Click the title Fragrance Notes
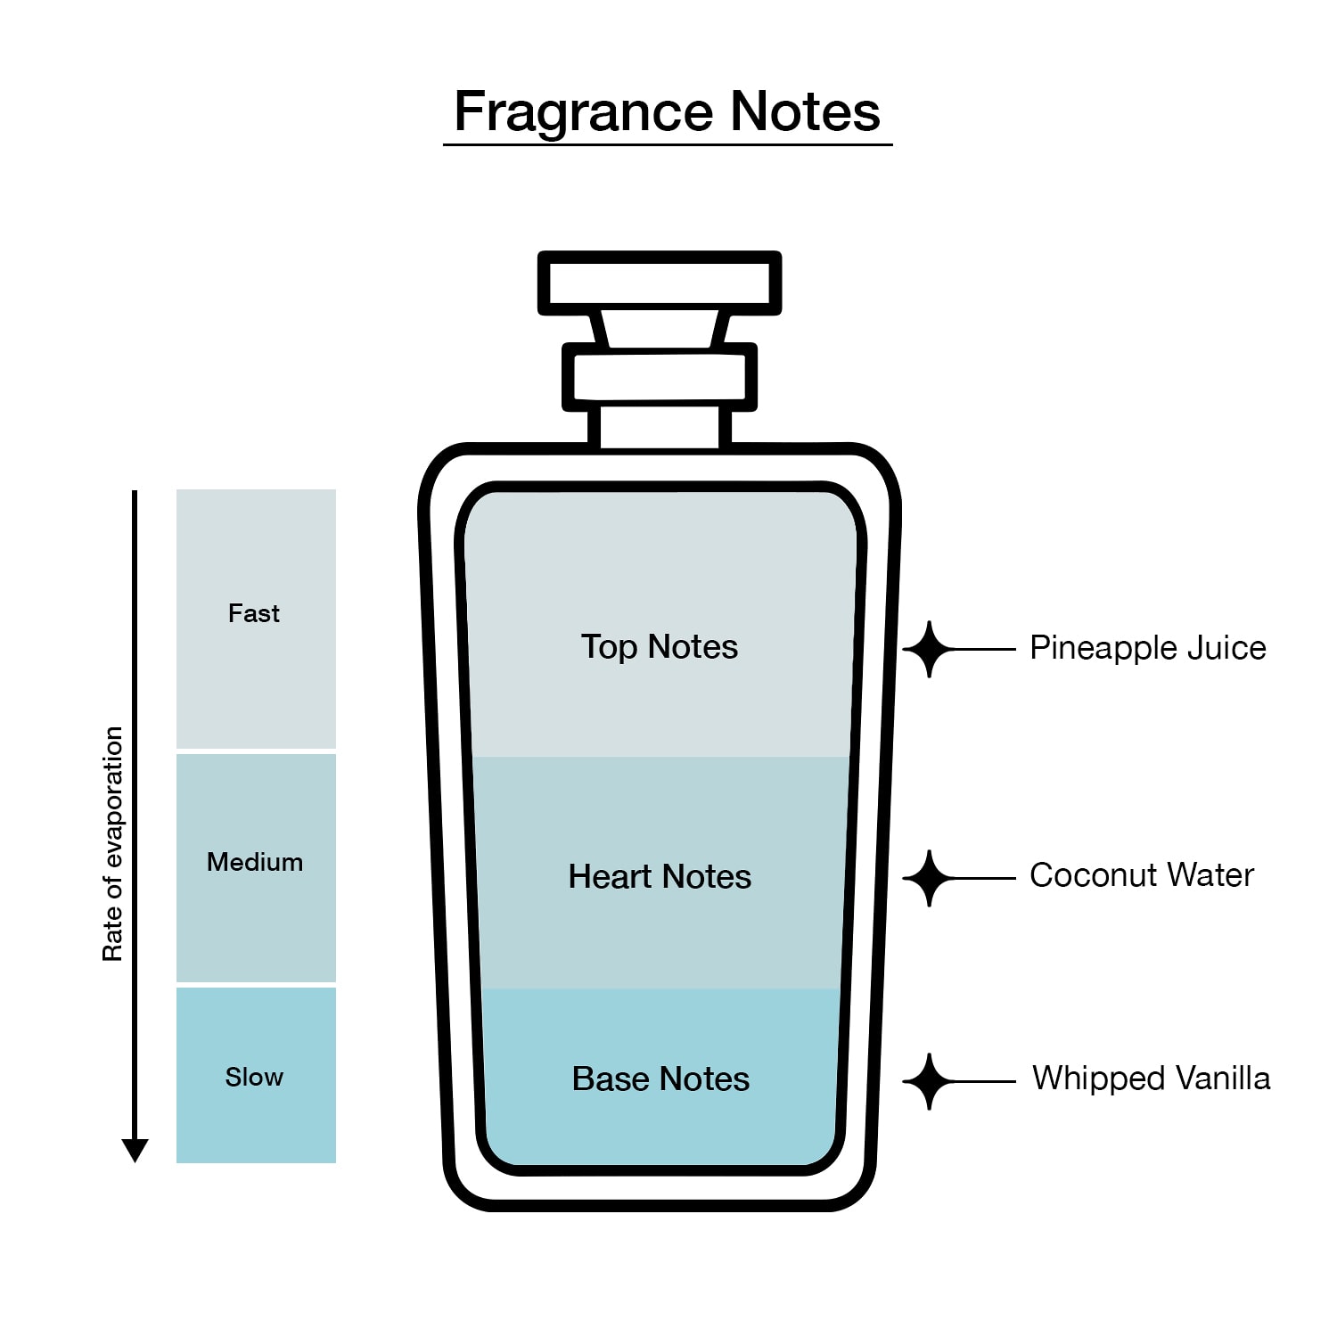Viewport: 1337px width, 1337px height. pyautogui.click(x=668, y=111)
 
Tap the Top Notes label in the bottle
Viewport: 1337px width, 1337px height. pyautogui.click(x=660, y=646)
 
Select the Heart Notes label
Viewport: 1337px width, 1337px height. pyautogui.click(x=660, y=876)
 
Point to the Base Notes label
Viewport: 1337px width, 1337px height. pyautogui.click(x=660, y=1079)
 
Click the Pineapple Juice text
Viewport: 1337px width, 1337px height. pyautogui.click(x=1148, y=648)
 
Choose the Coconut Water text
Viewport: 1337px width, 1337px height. pyautogui.click(x=1142, y=875)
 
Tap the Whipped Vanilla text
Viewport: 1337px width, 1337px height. pyautogui.click(x=1152, y=1079)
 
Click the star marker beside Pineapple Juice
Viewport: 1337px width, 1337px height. pyautogui.click(x=930, y=649)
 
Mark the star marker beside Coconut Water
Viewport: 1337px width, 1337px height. pyautogui.click(x=930, y=878)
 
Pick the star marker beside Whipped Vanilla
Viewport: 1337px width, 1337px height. pyautogui.click(x=930, y=1081)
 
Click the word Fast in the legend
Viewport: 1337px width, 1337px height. pyautogui.click(x=254, y=613)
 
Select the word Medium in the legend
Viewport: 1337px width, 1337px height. pyautogui.click(x=255, y=862)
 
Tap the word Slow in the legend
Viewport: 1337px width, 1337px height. pyautogui.click(x=254, y=1077)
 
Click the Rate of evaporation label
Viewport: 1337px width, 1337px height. pyautogui.click(x=112, y=844)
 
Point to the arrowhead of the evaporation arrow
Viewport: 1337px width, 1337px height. pyautogui.click(x=135, y=1151)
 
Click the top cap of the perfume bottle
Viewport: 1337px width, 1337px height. pyautogui.click(x=660, y=283)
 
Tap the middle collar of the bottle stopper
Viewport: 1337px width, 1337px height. pyautogui.click(x=660, y=377)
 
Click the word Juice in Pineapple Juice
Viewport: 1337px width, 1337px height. pyautogui.click(x=1225, y=648)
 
